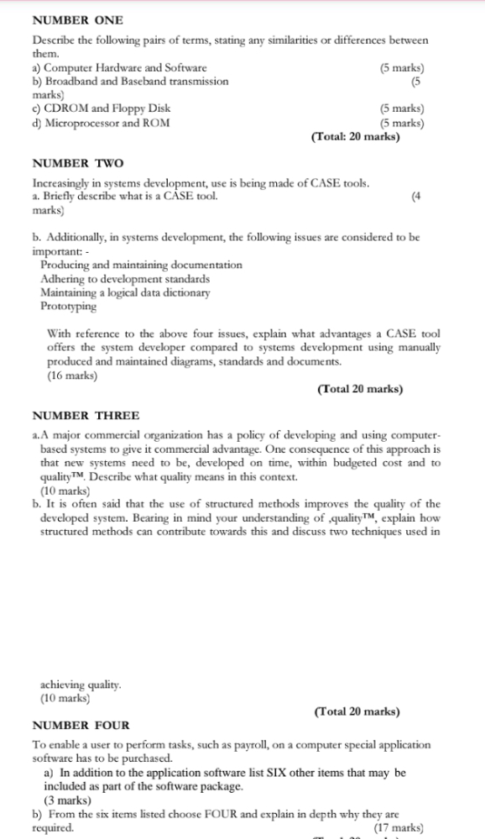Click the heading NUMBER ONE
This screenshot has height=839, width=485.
pyautogui.click(x=77, y=19)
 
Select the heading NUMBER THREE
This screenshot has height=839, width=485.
pyautogui.click(x=86, y=416)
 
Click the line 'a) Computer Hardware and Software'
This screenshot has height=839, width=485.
pyautogui.click(x=119, y=68)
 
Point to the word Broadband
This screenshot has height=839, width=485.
pyautogui.click(x=71, y=81)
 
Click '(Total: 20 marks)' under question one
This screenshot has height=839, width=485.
pyautogui.click(x=355, y=136)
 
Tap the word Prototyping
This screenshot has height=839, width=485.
pyautogui.click(x=69, y=307)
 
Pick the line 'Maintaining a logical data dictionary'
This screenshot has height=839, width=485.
pyautogui.click(x=125, y=292)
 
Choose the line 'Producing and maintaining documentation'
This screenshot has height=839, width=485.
pyautogui.click(x=141, y=265)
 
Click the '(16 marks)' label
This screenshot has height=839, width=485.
pyautogui.click(x=72, y=376)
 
